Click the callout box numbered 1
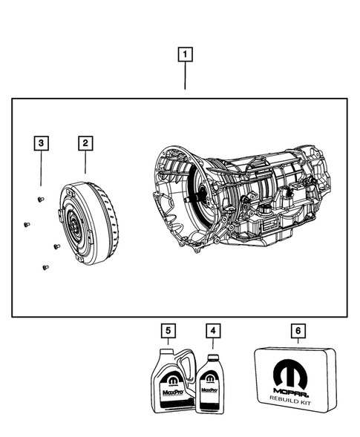(185, 53)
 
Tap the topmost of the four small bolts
(41, 200)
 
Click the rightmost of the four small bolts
(56, 246)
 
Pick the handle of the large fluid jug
(178, 362)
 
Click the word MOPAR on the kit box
(295, 387)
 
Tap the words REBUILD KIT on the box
(295, 398)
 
